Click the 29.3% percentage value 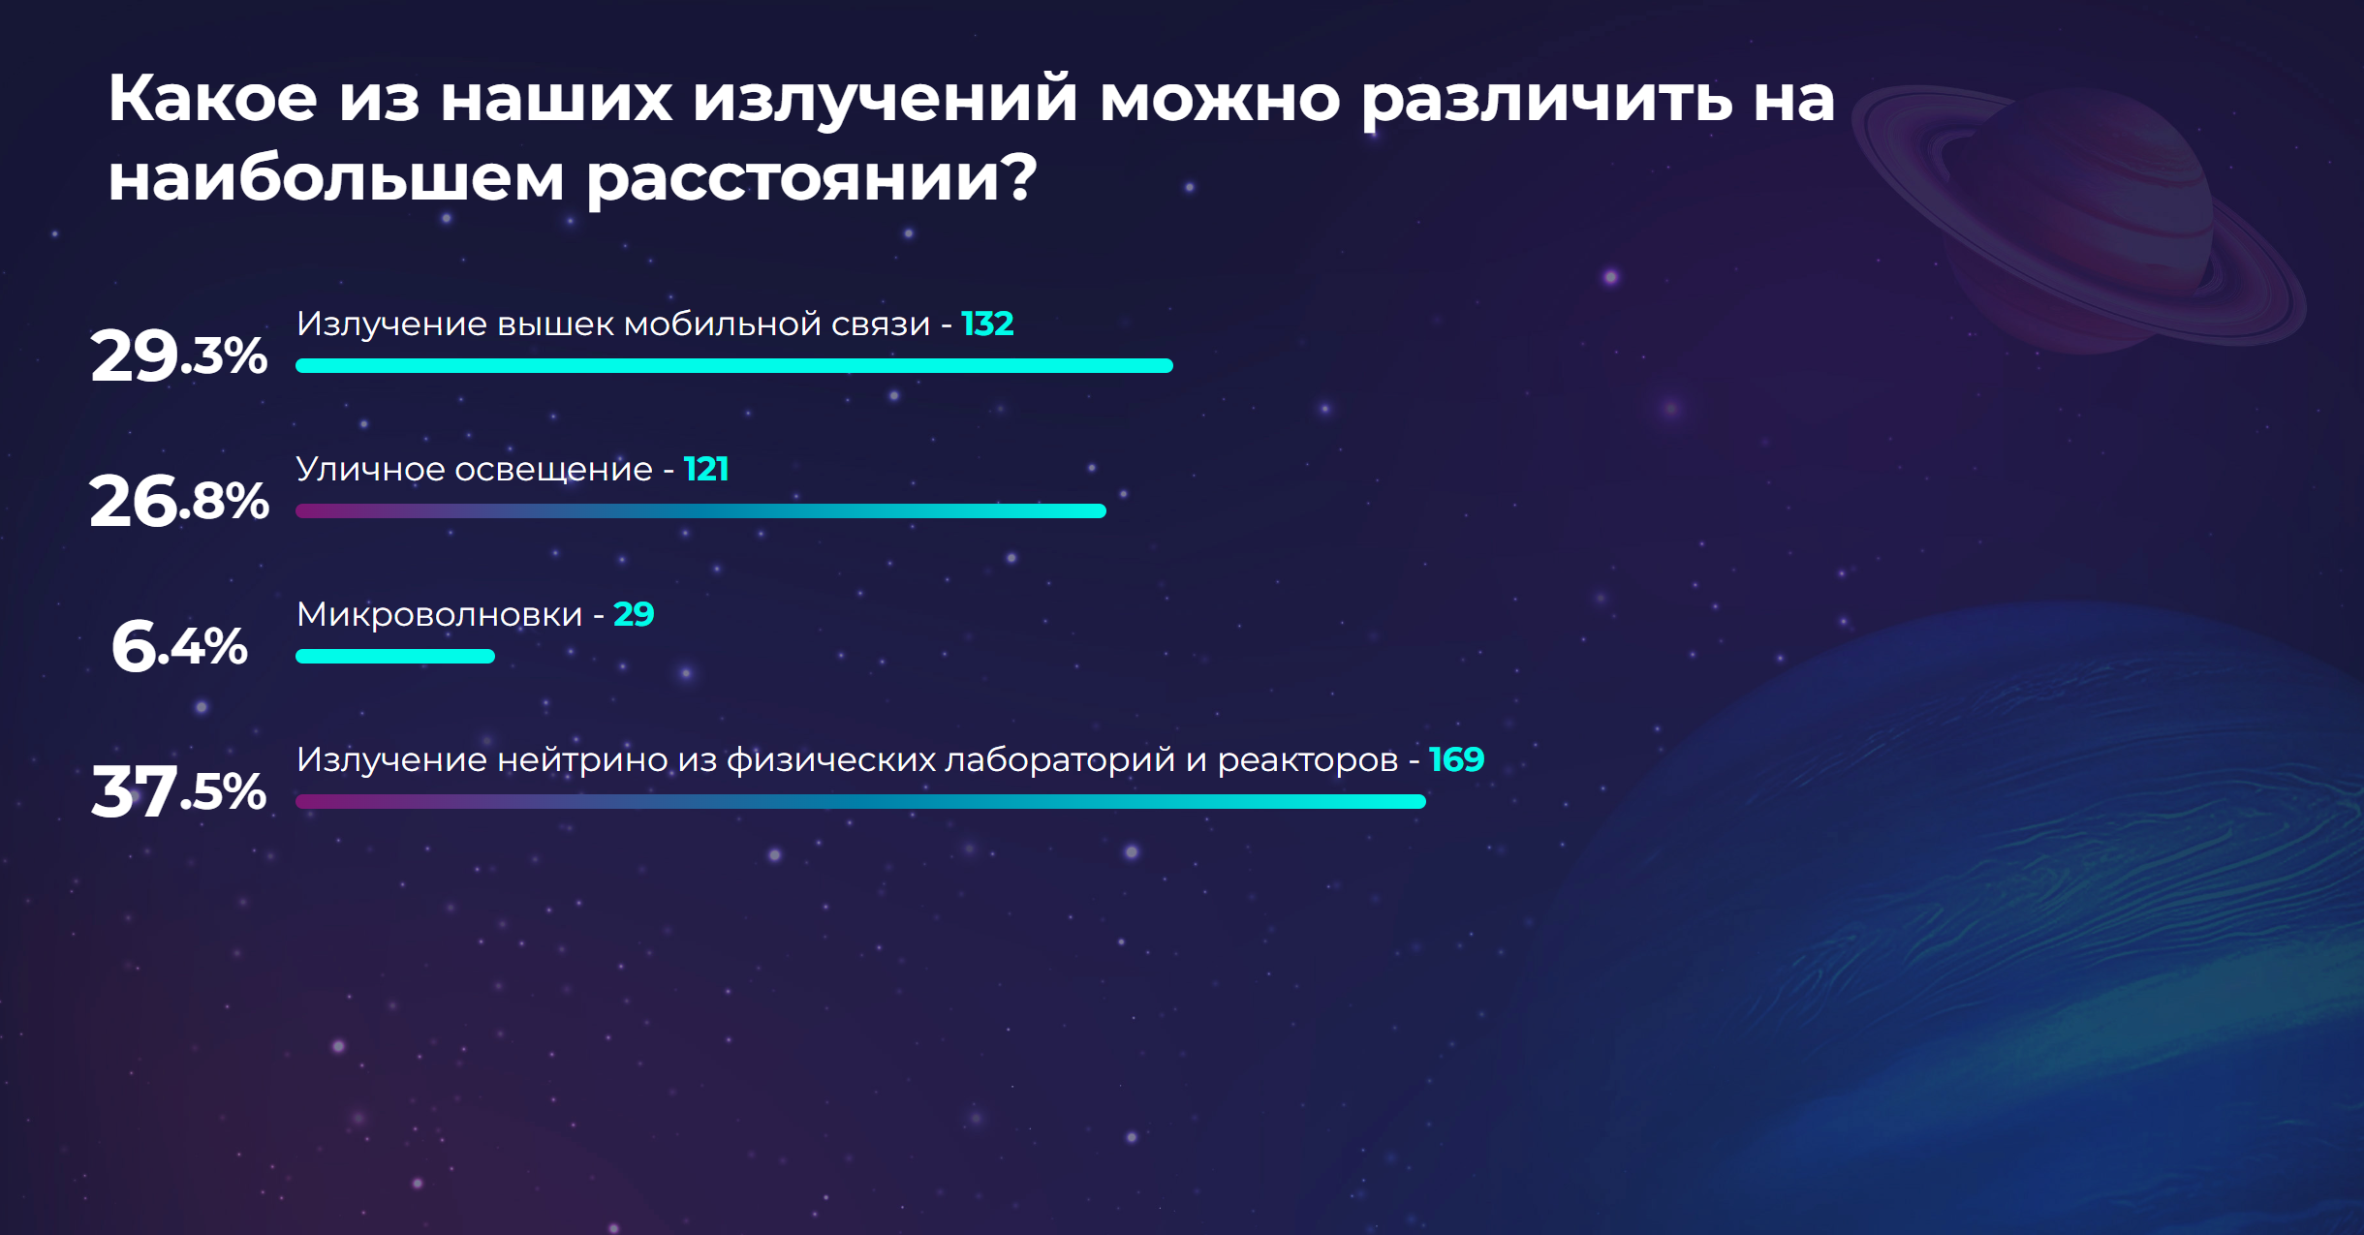(x=179, y=355)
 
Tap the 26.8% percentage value (x=179, y=501)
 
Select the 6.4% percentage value (x=179, y=646)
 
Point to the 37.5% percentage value (x=179, y=791)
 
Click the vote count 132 (x=987, y=324)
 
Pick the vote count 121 (x=706, y=469)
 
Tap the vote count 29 (x=634, y=614)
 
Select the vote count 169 (x=1457, y=759)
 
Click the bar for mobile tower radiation (x=734, y=365)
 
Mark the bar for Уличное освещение (x=700, y=510)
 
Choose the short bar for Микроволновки (x=395, y=656)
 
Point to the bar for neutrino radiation (x=860, y=801)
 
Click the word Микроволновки (x=440, y=614)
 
